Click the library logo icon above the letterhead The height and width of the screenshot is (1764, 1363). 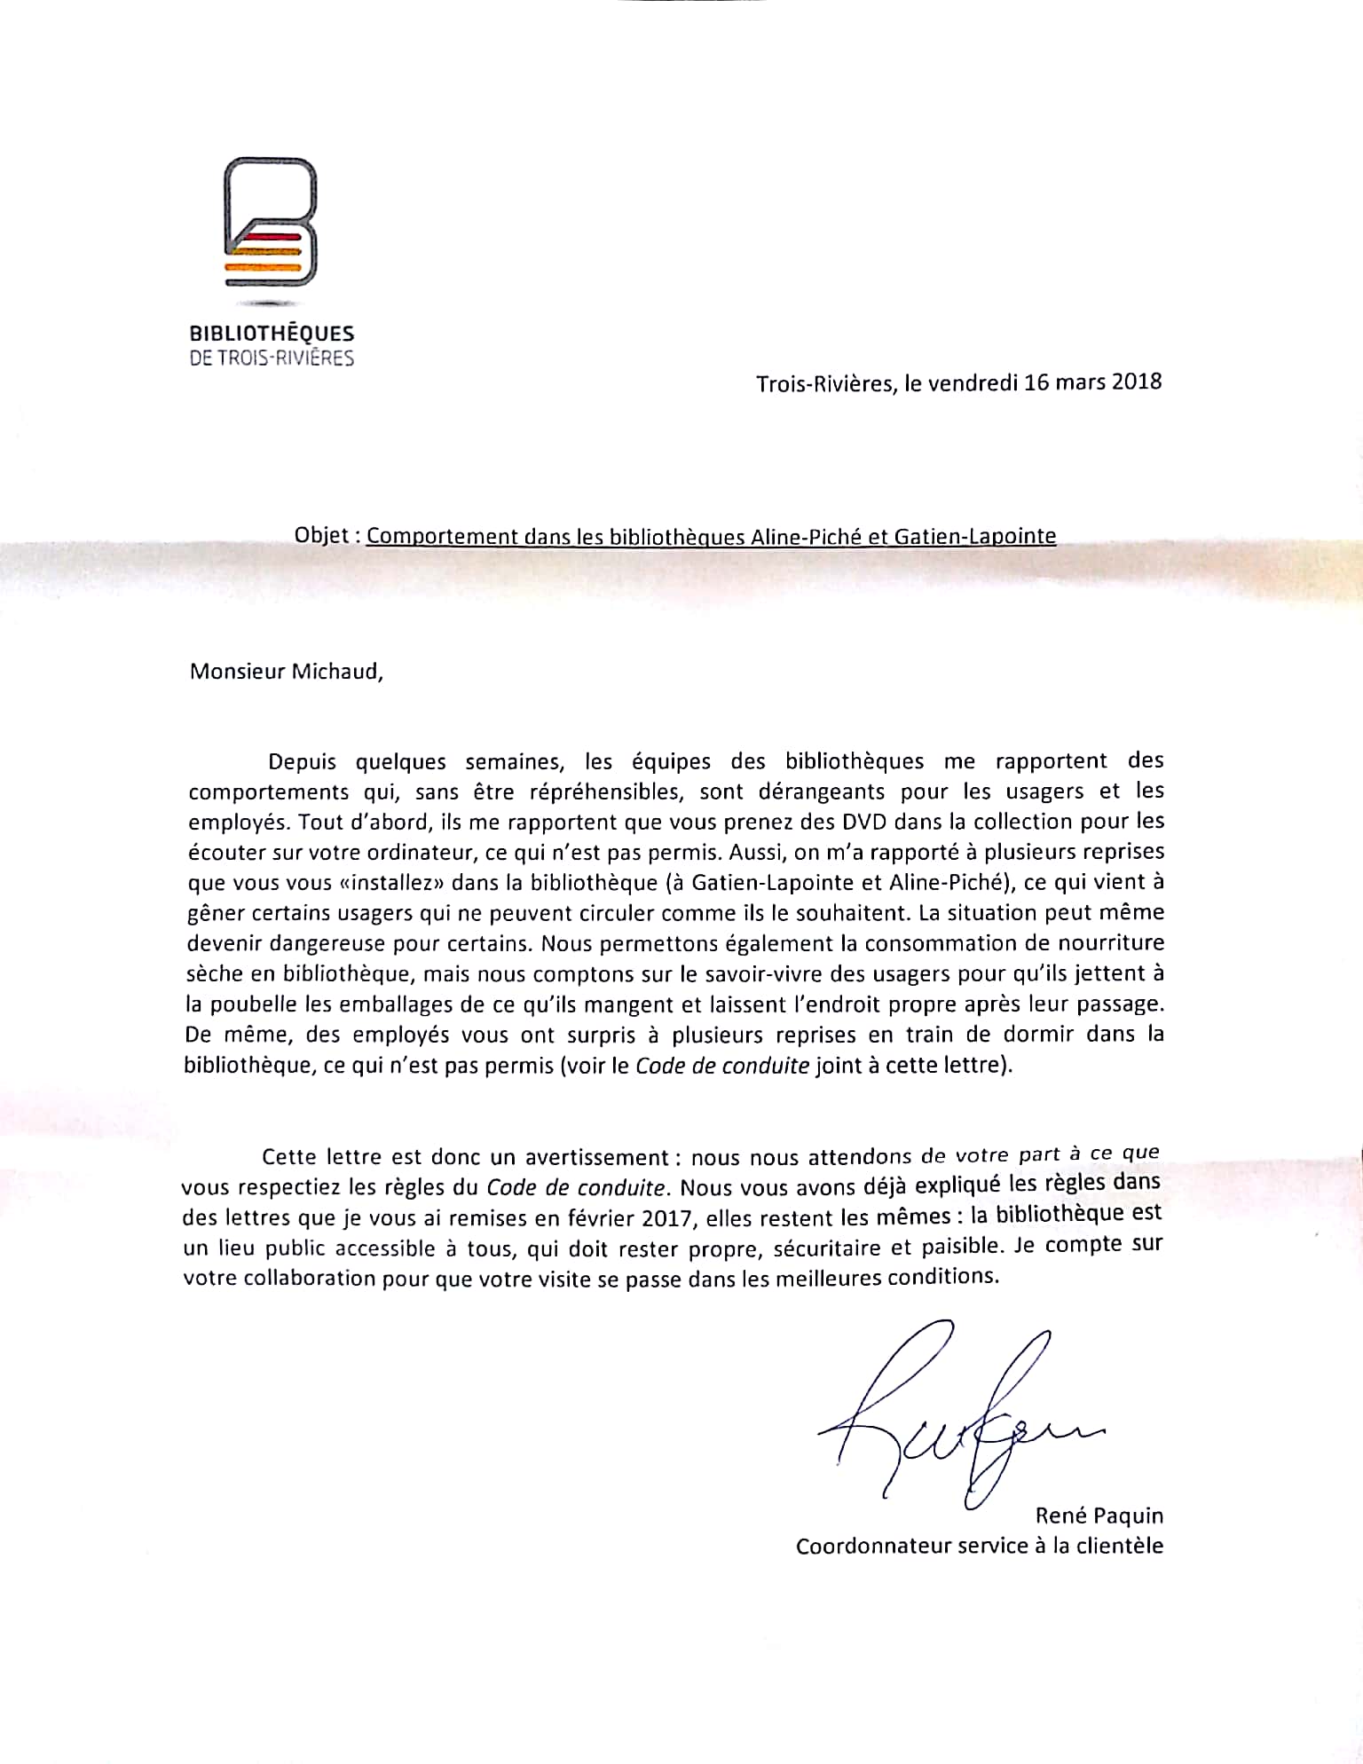pyautogui.click(x=271, y=222)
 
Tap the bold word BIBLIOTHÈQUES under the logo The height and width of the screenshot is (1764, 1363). pyautogui.click(x=272, y=335)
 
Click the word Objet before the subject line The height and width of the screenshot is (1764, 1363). pyautogui.click(x=320, y=536)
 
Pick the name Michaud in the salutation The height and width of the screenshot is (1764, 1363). pyautogui.click(x=337, y=671)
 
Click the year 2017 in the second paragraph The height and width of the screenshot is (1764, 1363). pyautogui.click(x=667, y=1218)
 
